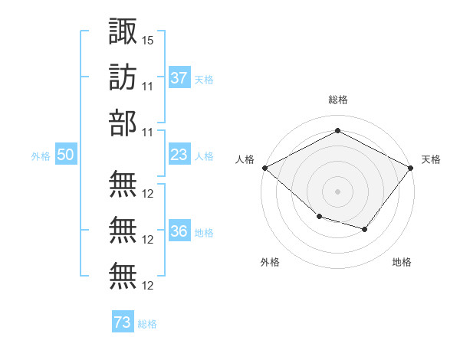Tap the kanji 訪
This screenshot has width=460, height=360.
pos(123,77)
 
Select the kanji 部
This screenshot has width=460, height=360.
pos(123,123)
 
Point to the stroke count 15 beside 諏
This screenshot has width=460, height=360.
pos(148,39)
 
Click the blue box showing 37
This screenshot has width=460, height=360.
pos(179,77)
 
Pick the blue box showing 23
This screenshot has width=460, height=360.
pos(179,155)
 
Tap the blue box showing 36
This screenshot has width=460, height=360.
pos(179,232)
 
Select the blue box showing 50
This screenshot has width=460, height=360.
pos(66,155)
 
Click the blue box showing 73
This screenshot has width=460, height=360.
pos(123,322)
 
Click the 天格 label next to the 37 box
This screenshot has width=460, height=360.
pos(204,79)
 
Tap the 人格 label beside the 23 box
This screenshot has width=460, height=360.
pos(204,155)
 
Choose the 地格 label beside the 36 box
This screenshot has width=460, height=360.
pos(204,233)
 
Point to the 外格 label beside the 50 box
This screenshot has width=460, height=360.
pos(41,155)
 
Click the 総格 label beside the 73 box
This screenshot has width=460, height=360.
pos(147,323)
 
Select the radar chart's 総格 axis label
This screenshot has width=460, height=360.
pos(337,100)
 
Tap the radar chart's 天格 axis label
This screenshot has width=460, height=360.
pos(431,159)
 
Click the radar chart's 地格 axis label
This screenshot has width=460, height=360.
pos(402,262)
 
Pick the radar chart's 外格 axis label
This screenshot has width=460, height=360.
pos(270,262)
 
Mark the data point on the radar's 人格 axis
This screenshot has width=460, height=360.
pos(264,168)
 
